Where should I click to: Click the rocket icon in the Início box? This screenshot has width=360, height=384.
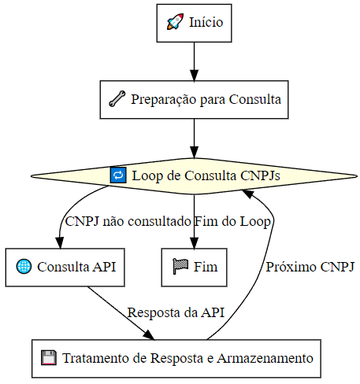[175, 21]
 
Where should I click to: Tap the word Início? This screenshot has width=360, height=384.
[206, 22]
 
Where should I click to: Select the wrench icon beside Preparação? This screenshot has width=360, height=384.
[117, 99]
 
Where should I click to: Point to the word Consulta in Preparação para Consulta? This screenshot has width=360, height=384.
[254, 99]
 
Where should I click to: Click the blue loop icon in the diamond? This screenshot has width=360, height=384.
[118, 175]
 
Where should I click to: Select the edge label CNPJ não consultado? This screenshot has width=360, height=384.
[128, 221]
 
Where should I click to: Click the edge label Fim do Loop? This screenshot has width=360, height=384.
[232, 222]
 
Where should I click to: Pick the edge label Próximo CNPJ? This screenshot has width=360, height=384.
[310, 267]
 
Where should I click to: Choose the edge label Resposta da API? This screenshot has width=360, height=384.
[176, 313]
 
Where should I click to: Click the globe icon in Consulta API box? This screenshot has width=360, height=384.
[24, 267]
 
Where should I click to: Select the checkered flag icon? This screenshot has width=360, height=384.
[180, 266]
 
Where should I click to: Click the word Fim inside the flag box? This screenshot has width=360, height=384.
[206, 267]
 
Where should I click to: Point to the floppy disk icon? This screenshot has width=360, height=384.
[49, 358]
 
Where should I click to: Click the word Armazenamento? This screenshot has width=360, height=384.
[265, 358]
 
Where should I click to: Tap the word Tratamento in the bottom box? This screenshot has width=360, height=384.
[96, 358]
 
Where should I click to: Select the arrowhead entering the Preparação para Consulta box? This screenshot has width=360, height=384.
[195, 76]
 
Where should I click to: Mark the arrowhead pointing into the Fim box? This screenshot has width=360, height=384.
[195, 242]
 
